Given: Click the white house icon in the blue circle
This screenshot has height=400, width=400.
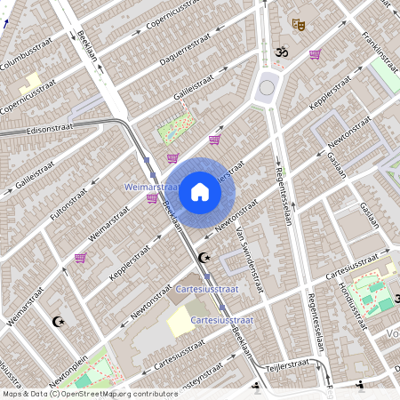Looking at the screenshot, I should click(x=200, y=191).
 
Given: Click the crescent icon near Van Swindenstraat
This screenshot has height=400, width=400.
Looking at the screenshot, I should click(x=204, y=258).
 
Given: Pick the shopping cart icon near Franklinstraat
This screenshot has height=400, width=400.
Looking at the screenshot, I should click(x=315, y=54).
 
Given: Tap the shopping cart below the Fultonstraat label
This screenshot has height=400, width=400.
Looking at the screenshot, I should click(x=81, y=258).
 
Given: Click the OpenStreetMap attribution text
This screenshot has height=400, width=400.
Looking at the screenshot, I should click(x=89, y=394).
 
